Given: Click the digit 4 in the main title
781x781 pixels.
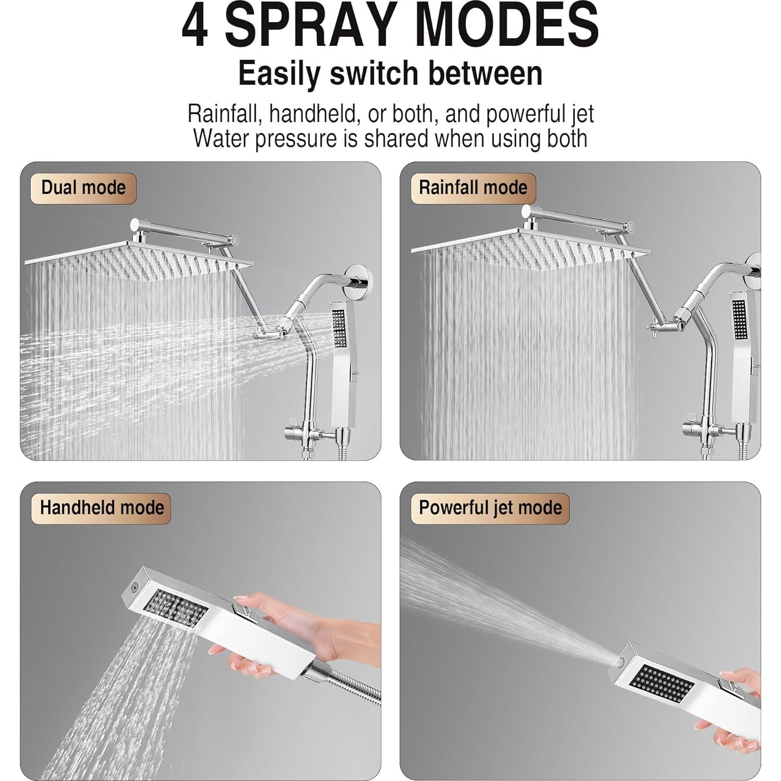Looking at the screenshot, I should point(196,26).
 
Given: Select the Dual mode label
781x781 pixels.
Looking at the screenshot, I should point(83,188).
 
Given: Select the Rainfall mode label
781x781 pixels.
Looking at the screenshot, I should point(473,188).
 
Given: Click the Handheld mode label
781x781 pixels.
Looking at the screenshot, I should point(102,508).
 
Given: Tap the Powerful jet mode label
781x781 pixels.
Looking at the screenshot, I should point(490,508).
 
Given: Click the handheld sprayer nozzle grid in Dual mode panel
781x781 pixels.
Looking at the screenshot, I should point(339,329).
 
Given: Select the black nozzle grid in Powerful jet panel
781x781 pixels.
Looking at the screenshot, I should point(662,685).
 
